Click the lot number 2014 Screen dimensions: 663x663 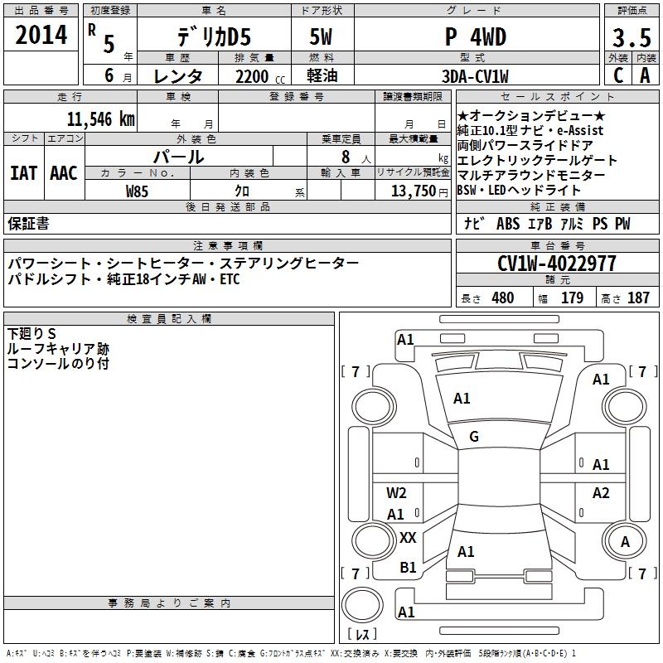pyautogui.click(x=41, y=36)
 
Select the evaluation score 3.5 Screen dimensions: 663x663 pyautogui.click(x=630, y=38)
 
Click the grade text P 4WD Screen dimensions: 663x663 pyautogui.click(x=482, y=37)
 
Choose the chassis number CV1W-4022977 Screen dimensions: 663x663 pyautogui.click(x=557, y=264)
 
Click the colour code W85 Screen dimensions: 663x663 pyautogui.click(x=137, y=191)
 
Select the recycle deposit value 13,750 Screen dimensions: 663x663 pyautogui.click(x=413, y=191)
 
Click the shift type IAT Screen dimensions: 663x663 pyautogui.click(x=23, y=173)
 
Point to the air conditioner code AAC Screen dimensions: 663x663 pyautogui.click(x=63, y=173)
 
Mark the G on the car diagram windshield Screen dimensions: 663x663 pyautogui.click(x=474, y=437)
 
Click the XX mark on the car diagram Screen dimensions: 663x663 pyautogui.click(x=408, y=538)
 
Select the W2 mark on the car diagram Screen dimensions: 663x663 pyautogui.click(x=396, y=494)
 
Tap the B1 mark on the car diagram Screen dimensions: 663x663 pyautogui.click(x=408, y=568)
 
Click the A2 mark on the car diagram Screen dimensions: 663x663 pyautogui.click(x=601, y=493)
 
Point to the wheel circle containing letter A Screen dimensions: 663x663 pyautogui.click(x=626, y=542)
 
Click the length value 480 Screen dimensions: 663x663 pyautogui.click(x=502, y=298)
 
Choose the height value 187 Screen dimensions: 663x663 pyautogui.click(x=638, y=298)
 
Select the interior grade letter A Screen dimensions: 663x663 pyautogui.click(x=645, y=75)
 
